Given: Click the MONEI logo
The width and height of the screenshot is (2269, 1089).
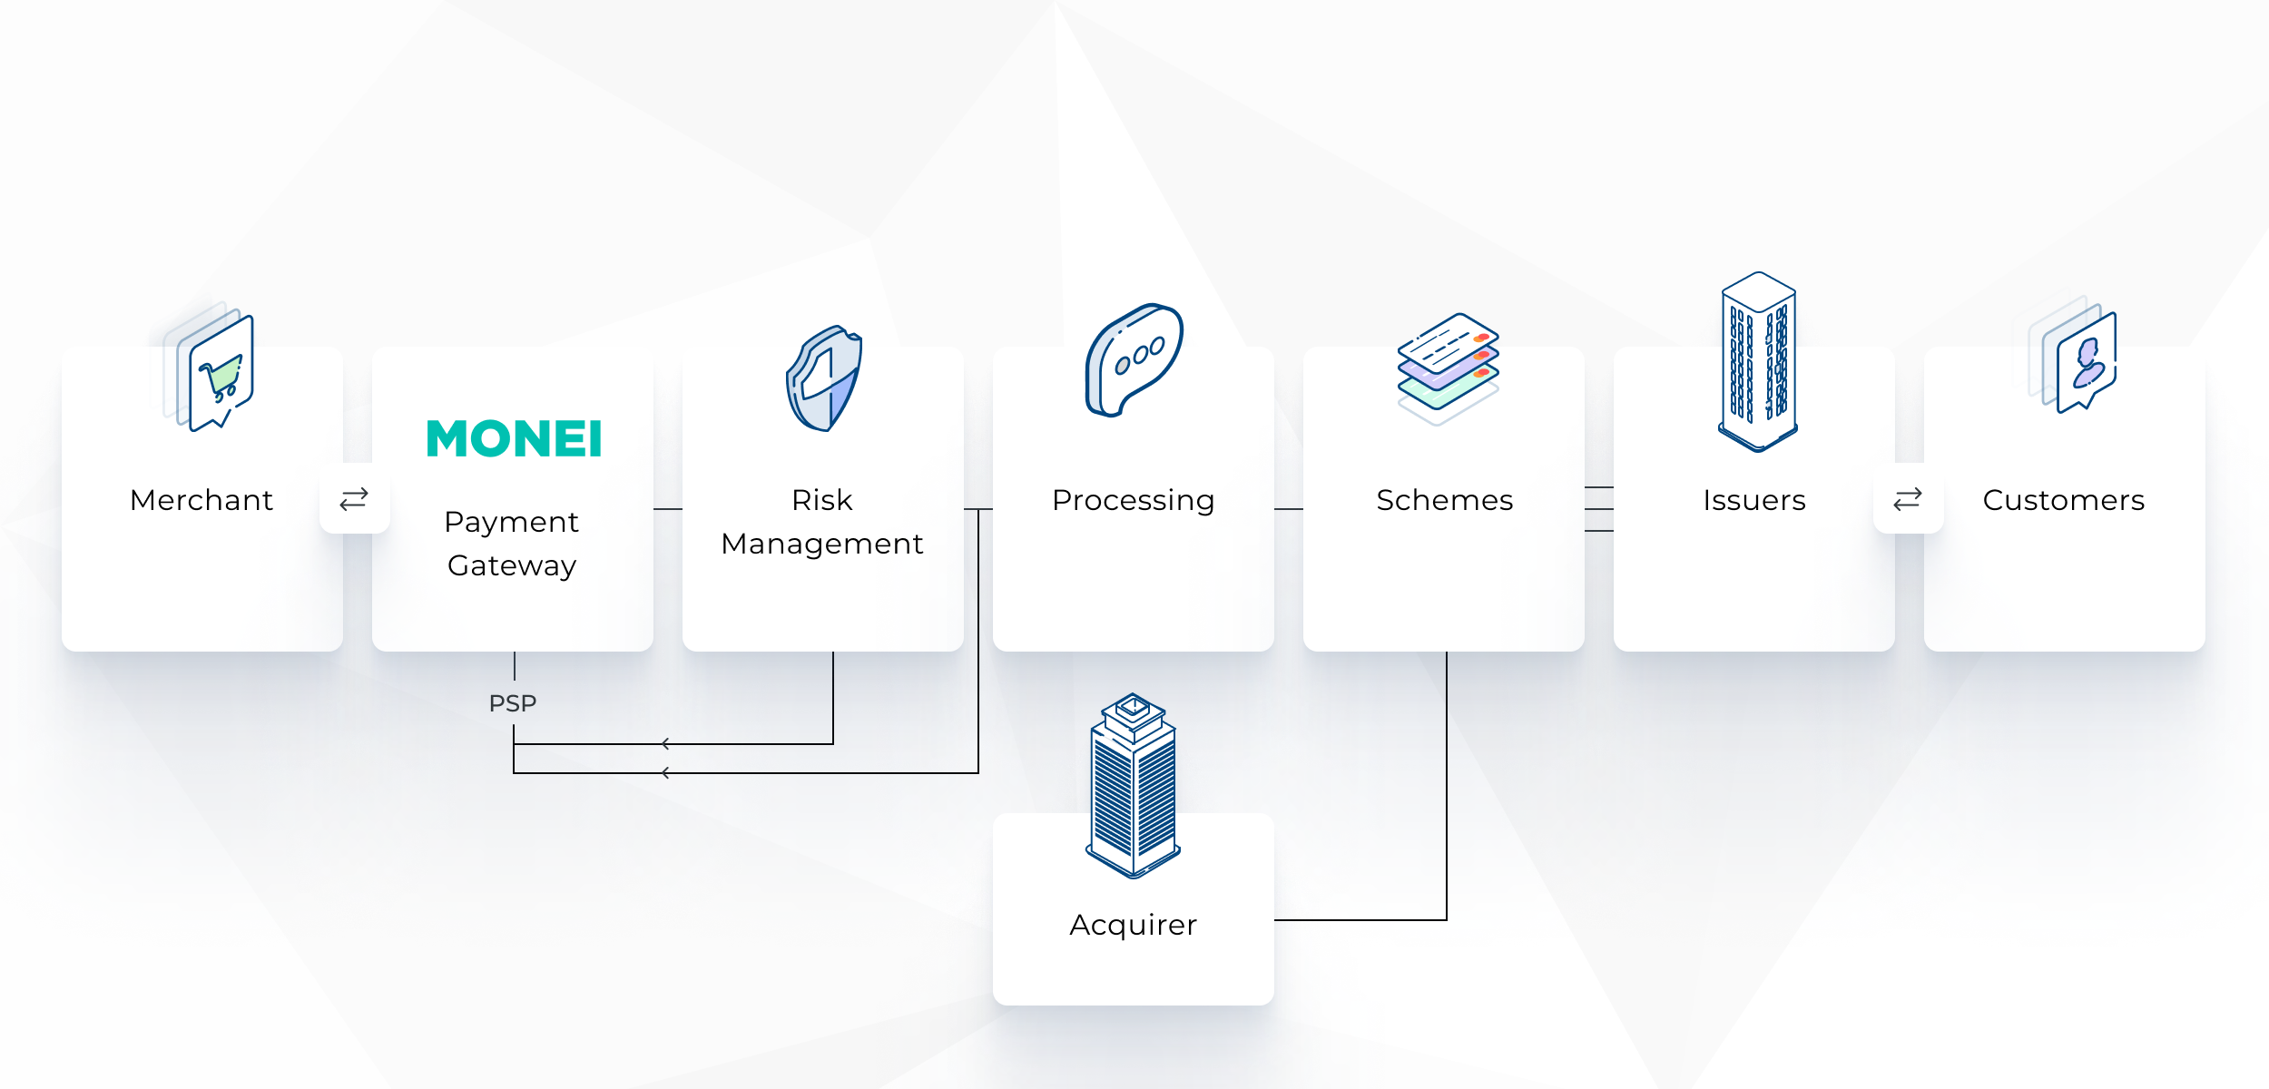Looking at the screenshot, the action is click(514, 438).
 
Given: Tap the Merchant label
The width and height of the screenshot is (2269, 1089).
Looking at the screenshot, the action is click(201, 500).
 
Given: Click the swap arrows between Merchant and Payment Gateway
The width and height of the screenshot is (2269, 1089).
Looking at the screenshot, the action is click(354, 499).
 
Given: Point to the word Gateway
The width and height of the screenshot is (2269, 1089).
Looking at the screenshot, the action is click(512, 566).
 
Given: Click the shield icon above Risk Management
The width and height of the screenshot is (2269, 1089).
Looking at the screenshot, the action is click(824, 378).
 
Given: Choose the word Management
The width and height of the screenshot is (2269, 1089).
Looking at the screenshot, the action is click(822, 544).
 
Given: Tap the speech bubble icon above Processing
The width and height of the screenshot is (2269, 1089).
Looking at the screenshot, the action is click(1134, 360).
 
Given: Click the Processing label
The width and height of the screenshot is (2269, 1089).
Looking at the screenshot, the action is click(1134, 501).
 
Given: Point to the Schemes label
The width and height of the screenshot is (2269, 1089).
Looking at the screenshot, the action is click(1445, 500).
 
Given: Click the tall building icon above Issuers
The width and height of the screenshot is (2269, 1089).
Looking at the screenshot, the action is click(1758, 361).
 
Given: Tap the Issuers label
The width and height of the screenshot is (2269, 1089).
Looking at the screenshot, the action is click(1754, 500).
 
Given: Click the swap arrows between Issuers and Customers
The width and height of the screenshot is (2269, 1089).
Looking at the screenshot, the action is click(1908, 499).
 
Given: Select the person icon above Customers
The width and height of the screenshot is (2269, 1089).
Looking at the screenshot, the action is click(2074, 355).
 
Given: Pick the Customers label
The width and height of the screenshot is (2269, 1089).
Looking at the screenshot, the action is click(2064, 500).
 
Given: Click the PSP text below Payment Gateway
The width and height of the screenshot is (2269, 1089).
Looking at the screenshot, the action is click(513, 703).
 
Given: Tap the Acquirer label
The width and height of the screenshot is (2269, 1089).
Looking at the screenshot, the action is click(1134, 926).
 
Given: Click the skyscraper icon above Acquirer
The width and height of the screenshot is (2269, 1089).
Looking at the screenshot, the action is click(1134, 786).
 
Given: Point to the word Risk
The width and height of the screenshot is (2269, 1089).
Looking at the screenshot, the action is click(822, 500).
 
